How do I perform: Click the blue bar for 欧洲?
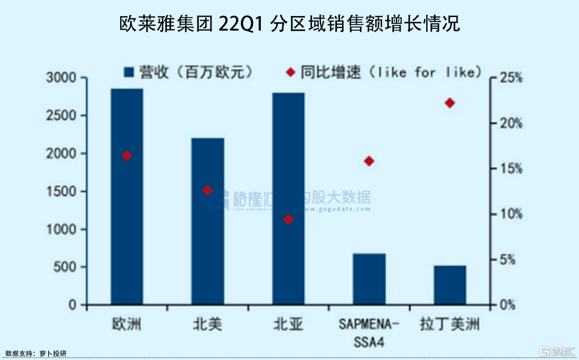point(127,207)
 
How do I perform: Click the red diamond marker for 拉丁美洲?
point(450,103)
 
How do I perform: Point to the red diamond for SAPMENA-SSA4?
point(369,161)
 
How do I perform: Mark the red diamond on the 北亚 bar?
point(289,220)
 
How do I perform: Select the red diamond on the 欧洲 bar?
point(127,155)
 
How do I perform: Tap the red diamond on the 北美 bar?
point(208,190)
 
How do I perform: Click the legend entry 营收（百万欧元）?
point(189,72)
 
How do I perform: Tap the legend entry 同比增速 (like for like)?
point(384,72)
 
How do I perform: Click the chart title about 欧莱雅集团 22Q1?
point(289,24)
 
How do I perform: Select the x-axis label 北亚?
point(288,325)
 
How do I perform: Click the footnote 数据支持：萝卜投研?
point(36,354)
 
